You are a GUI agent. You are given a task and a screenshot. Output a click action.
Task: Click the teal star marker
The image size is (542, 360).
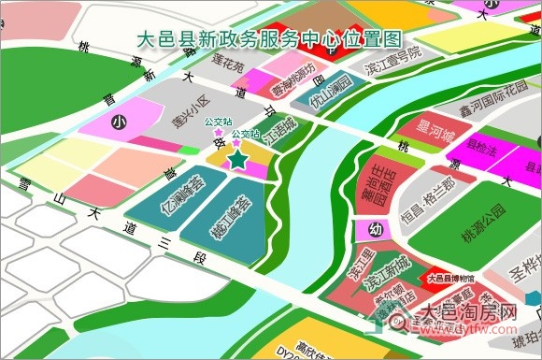238,160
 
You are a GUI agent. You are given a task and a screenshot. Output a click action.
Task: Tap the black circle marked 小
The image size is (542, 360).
117,122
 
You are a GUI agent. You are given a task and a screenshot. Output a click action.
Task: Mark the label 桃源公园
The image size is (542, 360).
482,212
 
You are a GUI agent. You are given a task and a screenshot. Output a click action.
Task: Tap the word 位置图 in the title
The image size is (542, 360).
369,39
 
